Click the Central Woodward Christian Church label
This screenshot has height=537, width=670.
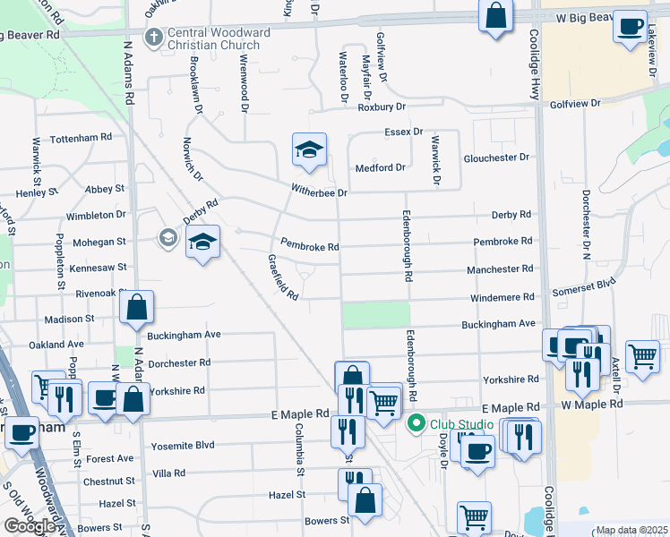[x=219, y=38]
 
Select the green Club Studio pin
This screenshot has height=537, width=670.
[x=416, y=423]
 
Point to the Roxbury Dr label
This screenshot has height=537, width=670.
[x=382, y=107]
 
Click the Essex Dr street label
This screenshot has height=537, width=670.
[x=403, y=132]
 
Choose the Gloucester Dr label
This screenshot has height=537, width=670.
[x=496, y=158]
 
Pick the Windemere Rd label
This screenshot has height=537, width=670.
[x=502, y=296]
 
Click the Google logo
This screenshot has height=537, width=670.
[x=30, y=526]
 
